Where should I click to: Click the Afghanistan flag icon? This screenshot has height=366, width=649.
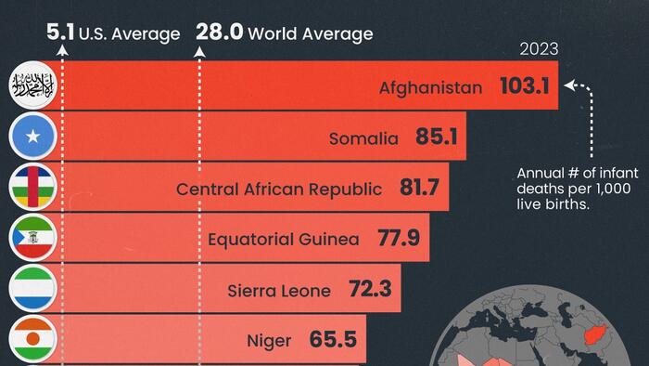tap(32, 87)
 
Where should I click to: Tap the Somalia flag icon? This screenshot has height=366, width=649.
tap(32, 138)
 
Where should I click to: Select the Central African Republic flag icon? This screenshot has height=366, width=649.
tap(32, 189)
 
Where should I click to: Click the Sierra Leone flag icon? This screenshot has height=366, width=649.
tap(32, 290)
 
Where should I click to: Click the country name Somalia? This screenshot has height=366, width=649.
tap(363, 139)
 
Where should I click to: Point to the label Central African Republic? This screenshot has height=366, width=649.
tap(279, 190)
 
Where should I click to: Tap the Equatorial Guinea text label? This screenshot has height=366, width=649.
tap(283, 240)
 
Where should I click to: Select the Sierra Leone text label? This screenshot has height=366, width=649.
tap(279, 291)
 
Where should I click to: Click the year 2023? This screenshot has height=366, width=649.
tap(539, 48)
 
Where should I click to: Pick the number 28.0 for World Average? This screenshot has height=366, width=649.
tap(219, 33)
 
